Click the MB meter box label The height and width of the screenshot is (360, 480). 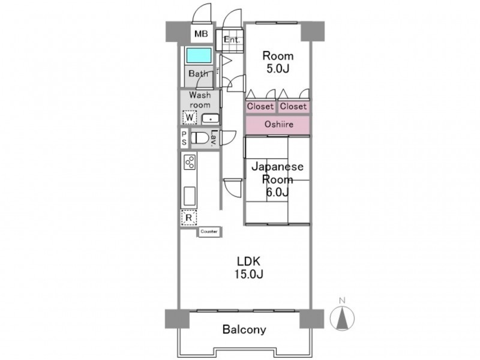[x=201, y=34]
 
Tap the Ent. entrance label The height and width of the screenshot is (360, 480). [x=232, y=40]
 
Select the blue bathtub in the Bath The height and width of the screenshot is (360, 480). [x=199, y=55]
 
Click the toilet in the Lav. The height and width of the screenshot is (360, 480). [x=199, y=138]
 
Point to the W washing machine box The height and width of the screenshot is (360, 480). [x=190, y=117]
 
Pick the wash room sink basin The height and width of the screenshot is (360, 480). [x=211, y=119]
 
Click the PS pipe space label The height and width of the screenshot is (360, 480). [x=184, y=138]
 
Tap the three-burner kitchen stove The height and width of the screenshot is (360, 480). [x=190, y=161]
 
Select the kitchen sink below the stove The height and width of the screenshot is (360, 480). [x=190, y=196]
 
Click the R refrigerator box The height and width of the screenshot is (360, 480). [x=189, y=218]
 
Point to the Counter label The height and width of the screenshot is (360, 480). [x=209, y=232]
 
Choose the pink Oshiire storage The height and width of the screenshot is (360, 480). [x=278, y=125]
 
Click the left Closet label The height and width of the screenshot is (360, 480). [x=260, y=106]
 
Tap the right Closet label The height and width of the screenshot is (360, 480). [x=293, y=106]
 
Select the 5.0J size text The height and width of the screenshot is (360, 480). [x=278, y=69]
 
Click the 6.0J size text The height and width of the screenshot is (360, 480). [x=277, y=192]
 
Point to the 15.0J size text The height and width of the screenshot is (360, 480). [x=249, y=274]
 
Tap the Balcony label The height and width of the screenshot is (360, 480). [x=244, y=329]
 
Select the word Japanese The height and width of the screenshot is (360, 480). [x=277, y=167]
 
